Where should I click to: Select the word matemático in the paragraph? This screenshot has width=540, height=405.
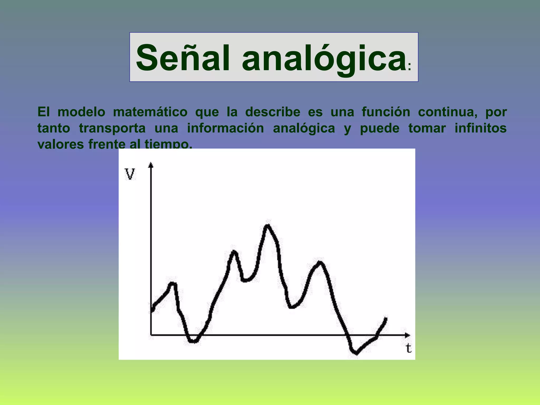(150, 112)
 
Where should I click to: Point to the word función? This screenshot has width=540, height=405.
(386, 112)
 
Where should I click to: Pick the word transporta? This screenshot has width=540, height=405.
(112, 128)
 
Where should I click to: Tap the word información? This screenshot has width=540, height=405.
(225, 128)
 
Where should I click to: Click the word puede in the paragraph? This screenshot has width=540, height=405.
(380, 129)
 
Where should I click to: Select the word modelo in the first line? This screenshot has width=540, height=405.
(81, 112)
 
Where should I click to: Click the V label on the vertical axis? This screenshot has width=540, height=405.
(130, 174)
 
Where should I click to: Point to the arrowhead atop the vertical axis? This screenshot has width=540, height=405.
(151, 165)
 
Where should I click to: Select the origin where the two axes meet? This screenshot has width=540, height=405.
(151, 335)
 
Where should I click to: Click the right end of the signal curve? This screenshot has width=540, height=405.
(386, 318)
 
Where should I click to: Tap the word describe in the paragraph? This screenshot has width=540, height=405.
(273, 112)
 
